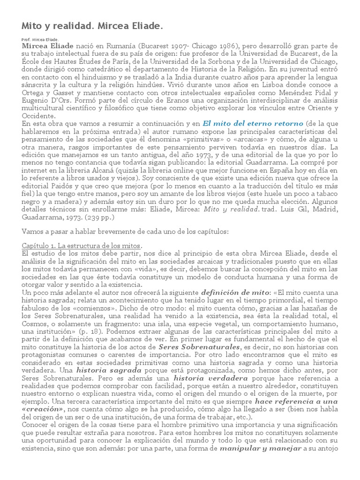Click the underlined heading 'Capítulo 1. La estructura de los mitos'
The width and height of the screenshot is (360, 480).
click(82, 246)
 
